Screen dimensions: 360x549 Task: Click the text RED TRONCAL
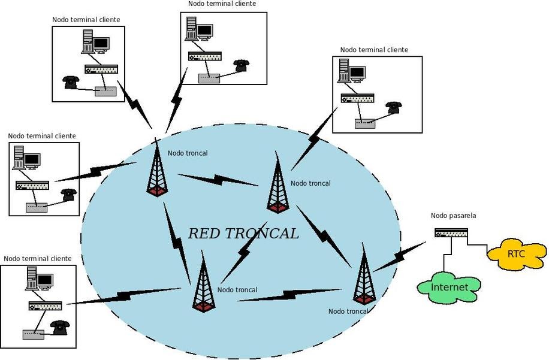coord(243,234)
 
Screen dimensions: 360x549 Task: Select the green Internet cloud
coord(449,288)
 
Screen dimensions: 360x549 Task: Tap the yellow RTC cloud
coord(516,253)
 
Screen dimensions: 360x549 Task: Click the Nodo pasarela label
coord(453,216)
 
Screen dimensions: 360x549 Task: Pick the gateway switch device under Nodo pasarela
coord(451,233)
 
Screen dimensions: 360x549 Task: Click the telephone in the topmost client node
coord(241,65)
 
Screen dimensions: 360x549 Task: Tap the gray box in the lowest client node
coord(34,334)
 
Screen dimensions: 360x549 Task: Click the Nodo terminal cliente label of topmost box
coord(222,4)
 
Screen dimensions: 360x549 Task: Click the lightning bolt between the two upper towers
coord(218,179)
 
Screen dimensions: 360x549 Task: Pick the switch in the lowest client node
coord(46,305)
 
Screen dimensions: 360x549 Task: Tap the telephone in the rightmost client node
coord(394,107)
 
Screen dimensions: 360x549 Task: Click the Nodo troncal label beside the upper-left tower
coord(188,153)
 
